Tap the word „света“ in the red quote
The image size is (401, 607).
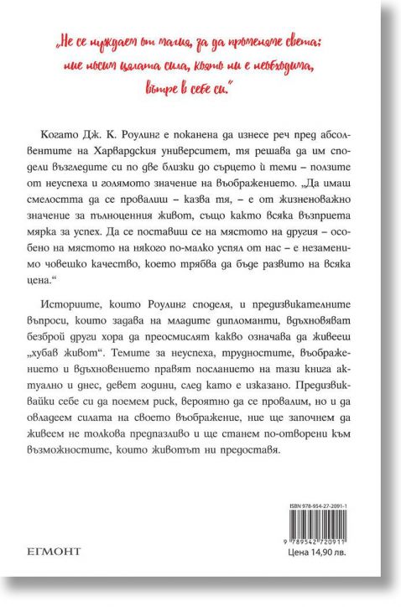coord(320,39)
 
